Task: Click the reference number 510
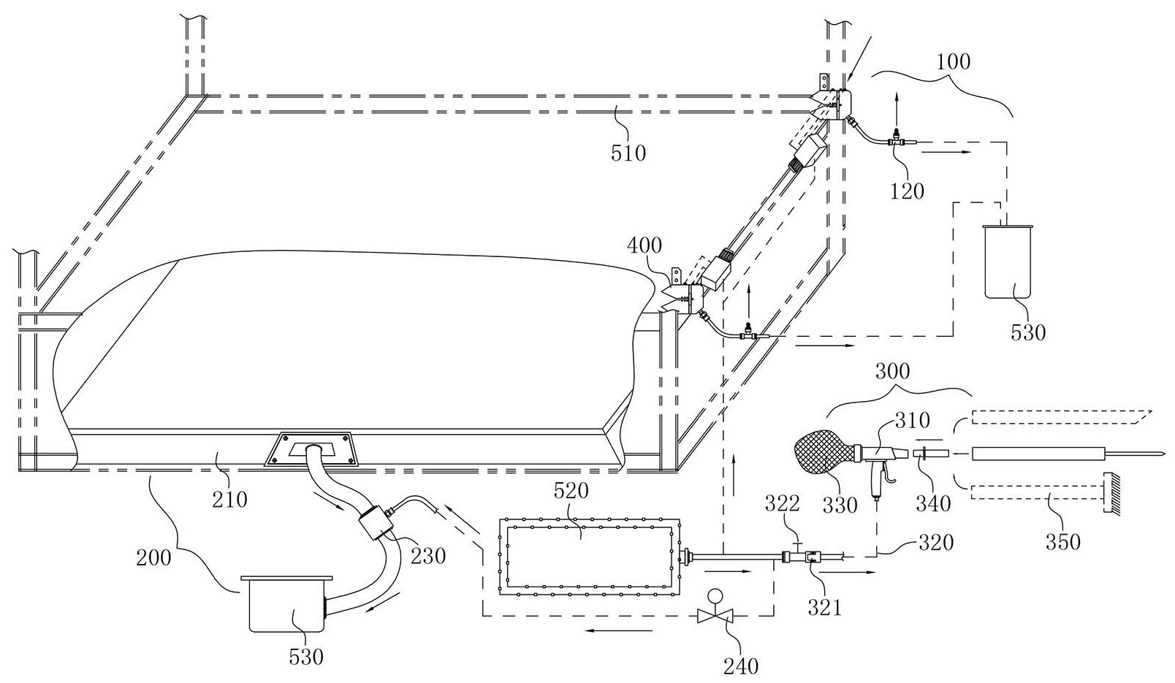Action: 628,153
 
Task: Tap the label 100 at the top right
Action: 954,61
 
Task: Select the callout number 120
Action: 907,191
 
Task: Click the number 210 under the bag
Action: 229,500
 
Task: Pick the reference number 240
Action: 741,666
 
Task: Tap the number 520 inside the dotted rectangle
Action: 571,491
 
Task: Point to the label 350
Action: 1062,542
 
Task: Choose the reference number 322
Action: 782,503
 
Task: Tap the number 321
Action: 824,608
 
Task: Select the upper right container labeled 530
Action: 1007,262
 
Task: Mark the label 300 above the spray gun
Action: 893,372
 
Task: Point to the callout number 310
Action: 913,420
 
